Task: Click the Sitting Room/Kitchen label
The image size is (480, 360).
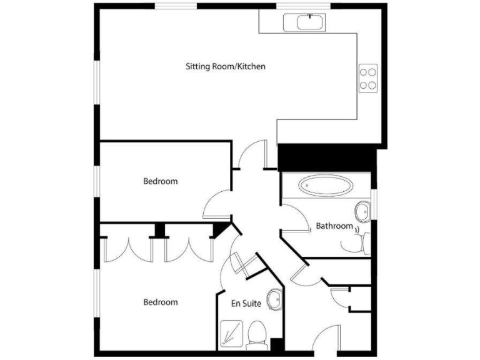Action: [x=226, y=66]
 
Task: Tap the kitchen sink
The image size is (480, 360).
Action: [x=303, y=22]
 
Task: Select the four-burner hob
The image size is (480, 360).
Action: [x=367, y=78]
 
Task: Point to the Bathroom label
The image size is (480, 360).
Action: [x=334, y=226]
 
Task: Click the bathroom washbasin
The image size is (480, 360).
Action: [x=362, y=211]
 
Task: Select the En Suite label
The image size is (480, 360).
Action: [x=246, y=304]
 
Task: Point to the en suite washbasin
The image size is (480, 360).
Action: [x=274, y=299]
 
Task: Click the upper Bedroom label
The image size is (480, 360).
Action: [x=160, y=182]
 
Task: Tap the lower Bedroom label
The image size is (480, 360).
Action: [x=160, y=302]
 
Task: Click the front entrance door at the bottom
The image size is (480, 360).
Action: [x=326, y=343]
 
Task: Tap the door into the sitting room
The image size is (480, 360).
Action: [x=254, y=156]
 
